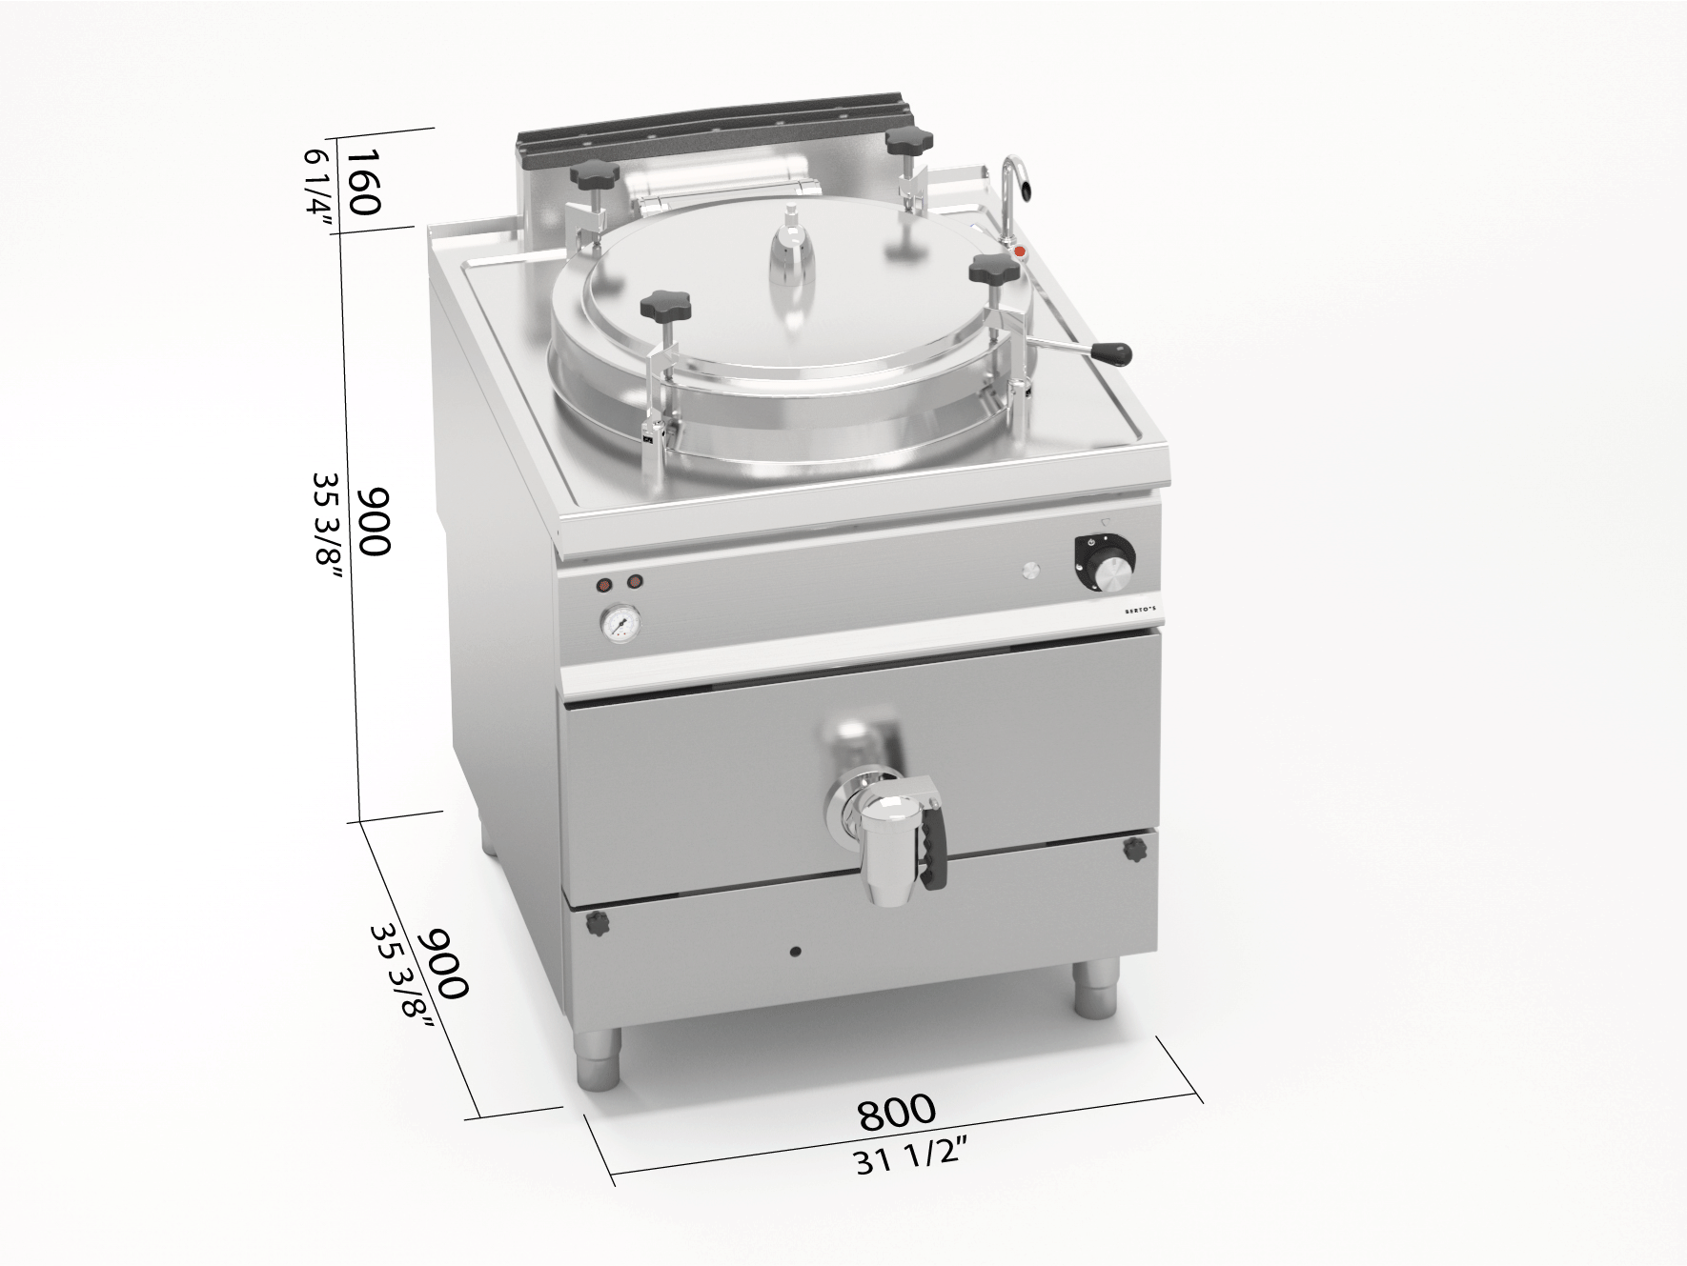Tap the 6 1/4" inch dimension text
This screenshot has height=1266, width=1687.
click(x=321, y=192)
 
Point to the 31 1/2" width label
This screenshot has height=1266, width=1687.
click(x=911, y=1157)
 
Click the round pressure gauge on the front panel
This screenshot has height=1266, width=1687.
click(x=620, y=624)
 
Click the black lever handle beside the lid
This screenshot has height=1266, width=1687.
click(x=1109, y=353)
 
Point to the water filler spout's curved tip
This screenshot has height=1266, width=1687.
click(x=1026, y=191)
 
